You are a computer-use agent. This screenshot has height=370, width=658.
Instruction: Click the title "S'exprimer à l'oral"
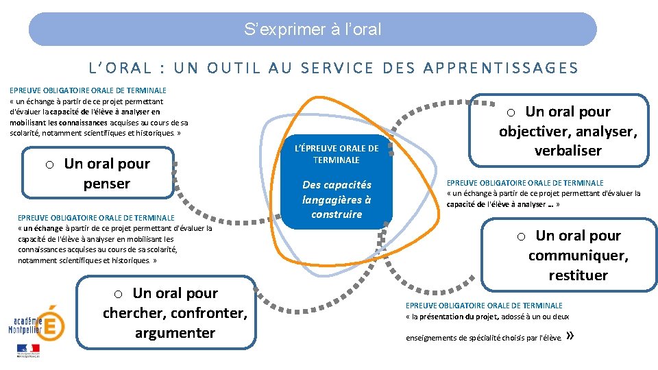tap(313, 29)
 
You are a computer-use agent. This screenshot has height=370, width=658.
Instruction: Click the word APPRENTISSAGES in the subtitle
tap(501, 68)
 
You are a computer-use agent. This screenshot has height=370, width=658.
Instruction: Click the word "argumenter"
tap(175, 333)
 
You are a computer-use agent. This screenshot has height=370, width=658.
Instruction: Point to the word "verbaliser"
tap(568, 151)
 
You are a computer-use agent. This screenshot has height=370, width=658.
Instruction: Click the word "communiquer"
tap(578, 256)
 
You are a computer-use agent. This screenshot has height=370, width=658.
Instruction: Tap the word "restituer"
tap(578, 275)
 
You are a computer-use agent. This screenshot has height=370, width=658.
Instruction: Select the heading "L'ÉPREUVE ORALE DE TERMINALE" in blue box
tap(336, 154)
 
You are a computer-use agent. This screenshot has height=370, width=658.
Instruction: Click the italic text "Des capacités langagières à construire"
tap(336, 199)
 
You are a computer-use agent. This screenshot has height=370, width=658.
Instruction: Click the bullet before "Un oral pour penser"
tap(50, 164)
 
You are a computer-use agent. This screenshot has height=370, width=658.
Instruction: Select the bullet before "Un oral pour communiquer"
tap(521, 236)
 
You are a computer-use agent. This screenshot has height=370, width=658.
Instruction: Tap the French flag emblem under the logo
tap(29, 350)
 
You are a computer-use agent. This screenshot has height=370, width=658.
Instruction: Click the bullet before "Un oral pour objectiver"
tap(511, 112)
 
